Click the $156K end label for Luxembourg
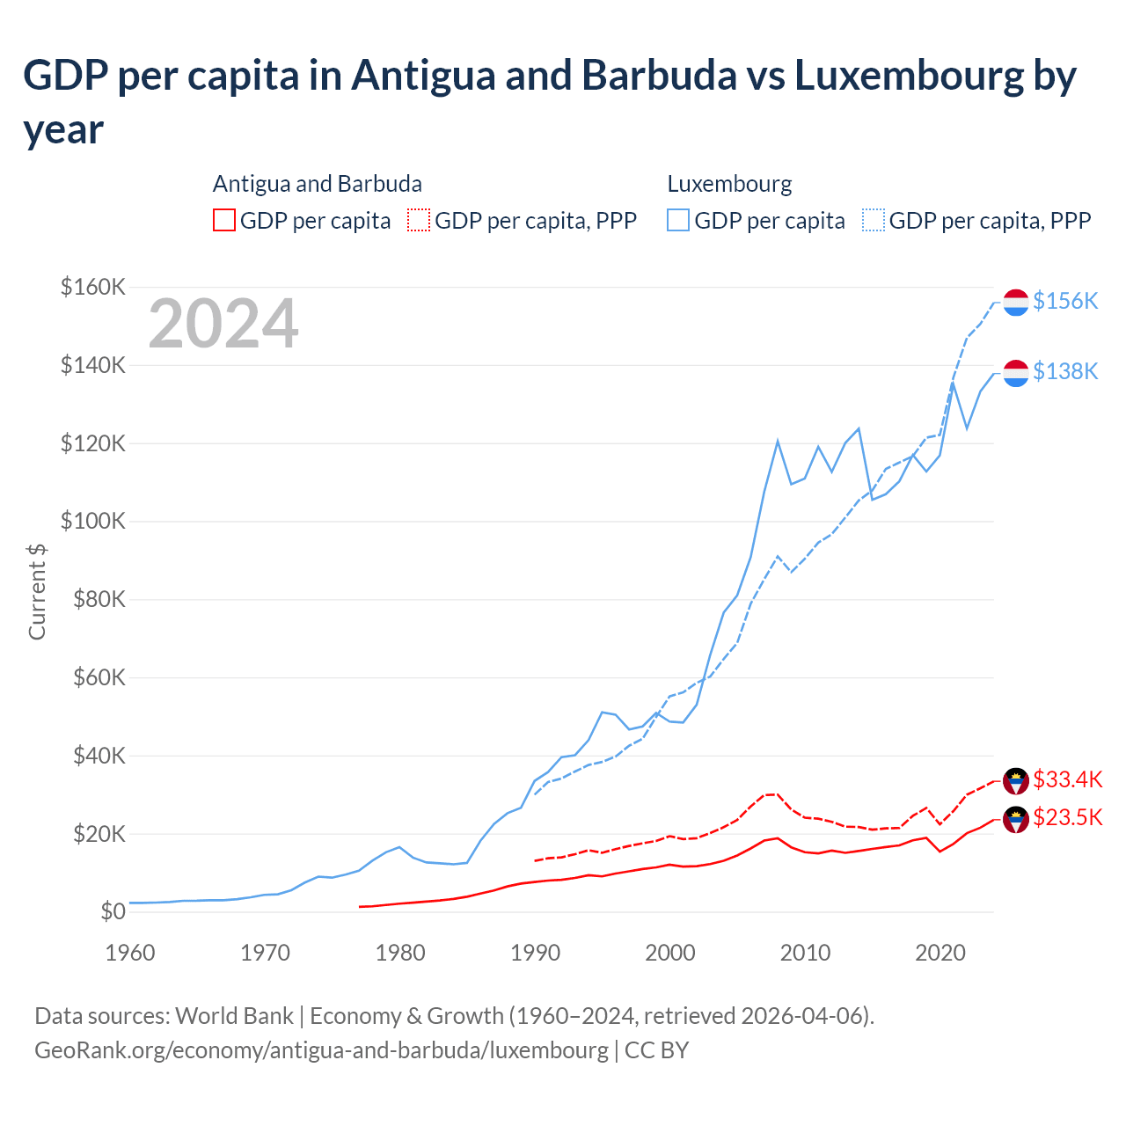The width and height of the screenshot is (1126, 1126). (x=1065, y=301)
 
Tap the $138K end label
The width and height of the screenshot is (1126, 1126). (x=1065, y=371)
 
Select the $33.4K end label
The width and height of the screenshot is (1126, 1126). (x=1067, y=779)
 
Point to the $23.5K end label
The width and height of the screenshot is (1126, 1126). (x=1067, y=817)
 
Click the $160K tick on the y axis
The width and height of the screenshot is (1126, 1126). (x=93, y=287)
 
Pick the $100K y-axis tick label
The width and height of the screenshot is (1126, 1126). (x=93, y=521)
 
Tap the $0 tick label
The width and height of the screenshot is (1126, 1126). (x=113, y=911)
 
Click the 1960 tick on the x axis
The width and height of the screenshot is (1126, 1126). (x=130, y=953)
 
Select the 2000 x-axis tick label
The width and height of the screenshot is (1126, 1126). (x=670, y=953)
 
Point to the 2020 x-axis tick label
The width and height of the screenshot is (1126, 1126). (x=940, y=953)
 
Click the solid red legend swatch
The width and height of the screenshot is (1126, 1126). (x=224, y=220)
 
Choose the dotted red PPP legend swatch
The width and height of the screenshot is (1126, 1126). (x=420, y=220)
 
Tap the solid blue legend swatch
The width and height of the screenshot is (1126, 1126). (x=678, y=220)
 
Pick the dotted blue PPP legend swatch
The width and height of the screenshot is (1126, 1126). (x=874, y=220)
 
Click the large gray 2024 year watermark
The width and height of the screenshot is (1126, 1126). (x=223, y=324)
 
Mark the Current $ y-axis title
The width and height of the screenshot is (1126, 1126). (x=37, y=591)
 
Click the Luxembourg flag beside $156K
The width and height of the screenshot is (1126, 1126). (x=1016, y=302)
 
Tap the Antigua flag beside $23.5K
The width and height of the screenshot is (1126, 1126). (x=1016, y=819)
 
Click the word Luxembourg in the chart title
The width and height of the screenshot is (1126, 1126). (x=909, y=76)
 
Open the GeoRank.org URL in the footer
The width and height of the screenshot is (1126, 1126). (x=321, y=1049)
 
